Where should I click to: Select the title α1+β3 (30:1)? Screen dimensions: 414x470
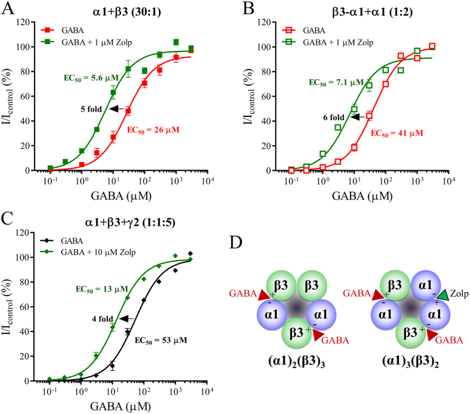(124, 9)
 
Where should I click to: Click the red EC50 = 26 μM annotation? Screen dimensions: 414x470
(155, 130)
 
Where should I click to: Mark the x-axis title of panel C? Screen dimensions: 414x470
(125, 406)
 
